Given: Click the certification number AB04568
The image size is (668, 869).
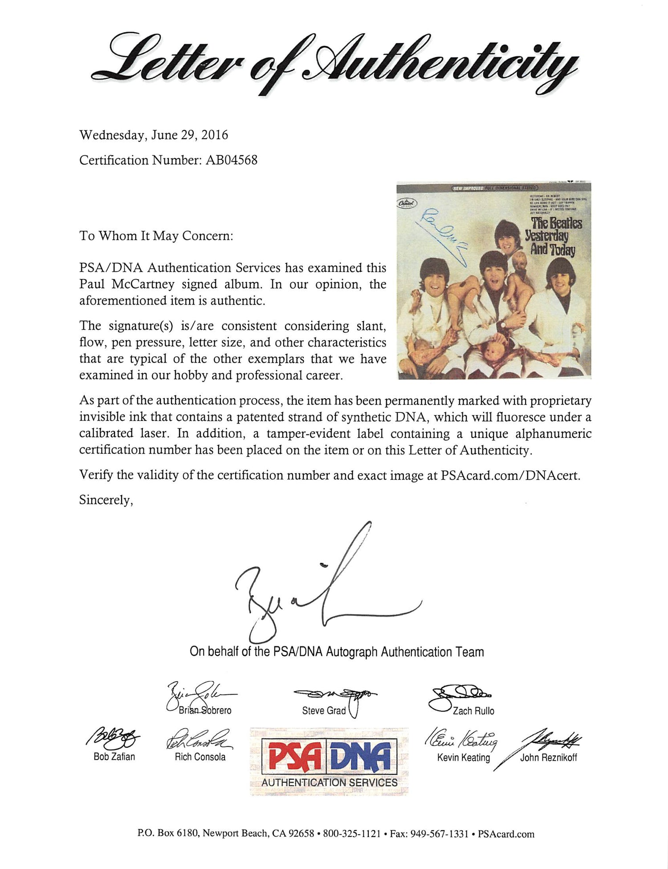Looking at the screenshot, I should coord(231,160).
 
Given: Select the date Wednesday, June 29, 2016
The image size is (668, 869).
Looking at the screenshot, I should coord(154,135).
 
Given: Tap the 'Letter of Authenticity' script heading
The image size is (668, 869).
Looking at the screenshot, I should coord(334,62).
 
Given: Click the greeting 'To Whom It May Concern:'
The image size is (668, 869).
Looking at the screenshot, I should coord(156,236).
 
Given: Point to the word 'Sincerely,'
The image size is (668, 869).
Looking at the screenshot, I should coord(106,500).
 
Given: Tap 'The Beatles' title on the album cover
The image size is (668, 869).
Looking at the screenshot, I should coord(556,223).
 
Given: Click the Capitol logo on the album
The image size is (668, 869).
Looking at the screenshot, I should coord(407,203).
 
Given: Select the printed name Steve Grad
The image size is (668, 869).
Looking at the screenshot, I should coord(324,711).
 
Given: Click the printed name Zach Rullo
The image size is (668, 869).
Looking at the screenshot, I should coord(473,711).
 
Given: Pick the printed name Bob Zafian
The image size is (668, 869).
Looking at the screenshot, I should coord(114,756).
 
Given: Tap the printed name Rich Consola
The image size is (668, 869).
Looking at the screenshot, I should coord(200,757).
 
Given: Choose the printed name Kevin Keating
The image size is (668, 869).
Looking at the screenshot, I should coord(463,757).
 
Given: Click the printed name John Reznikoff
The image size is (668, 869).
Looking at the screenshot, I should coord(548,757).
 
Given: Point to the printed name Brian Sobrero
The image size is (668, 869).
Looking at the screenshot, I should coord(205,711).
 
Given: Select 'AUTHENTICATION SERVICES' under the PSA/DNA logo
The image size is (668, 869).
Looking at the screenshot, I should coord(329,782).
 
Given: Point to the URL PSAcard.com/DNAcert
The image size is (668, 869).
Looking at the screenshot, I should coord(510,476).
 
